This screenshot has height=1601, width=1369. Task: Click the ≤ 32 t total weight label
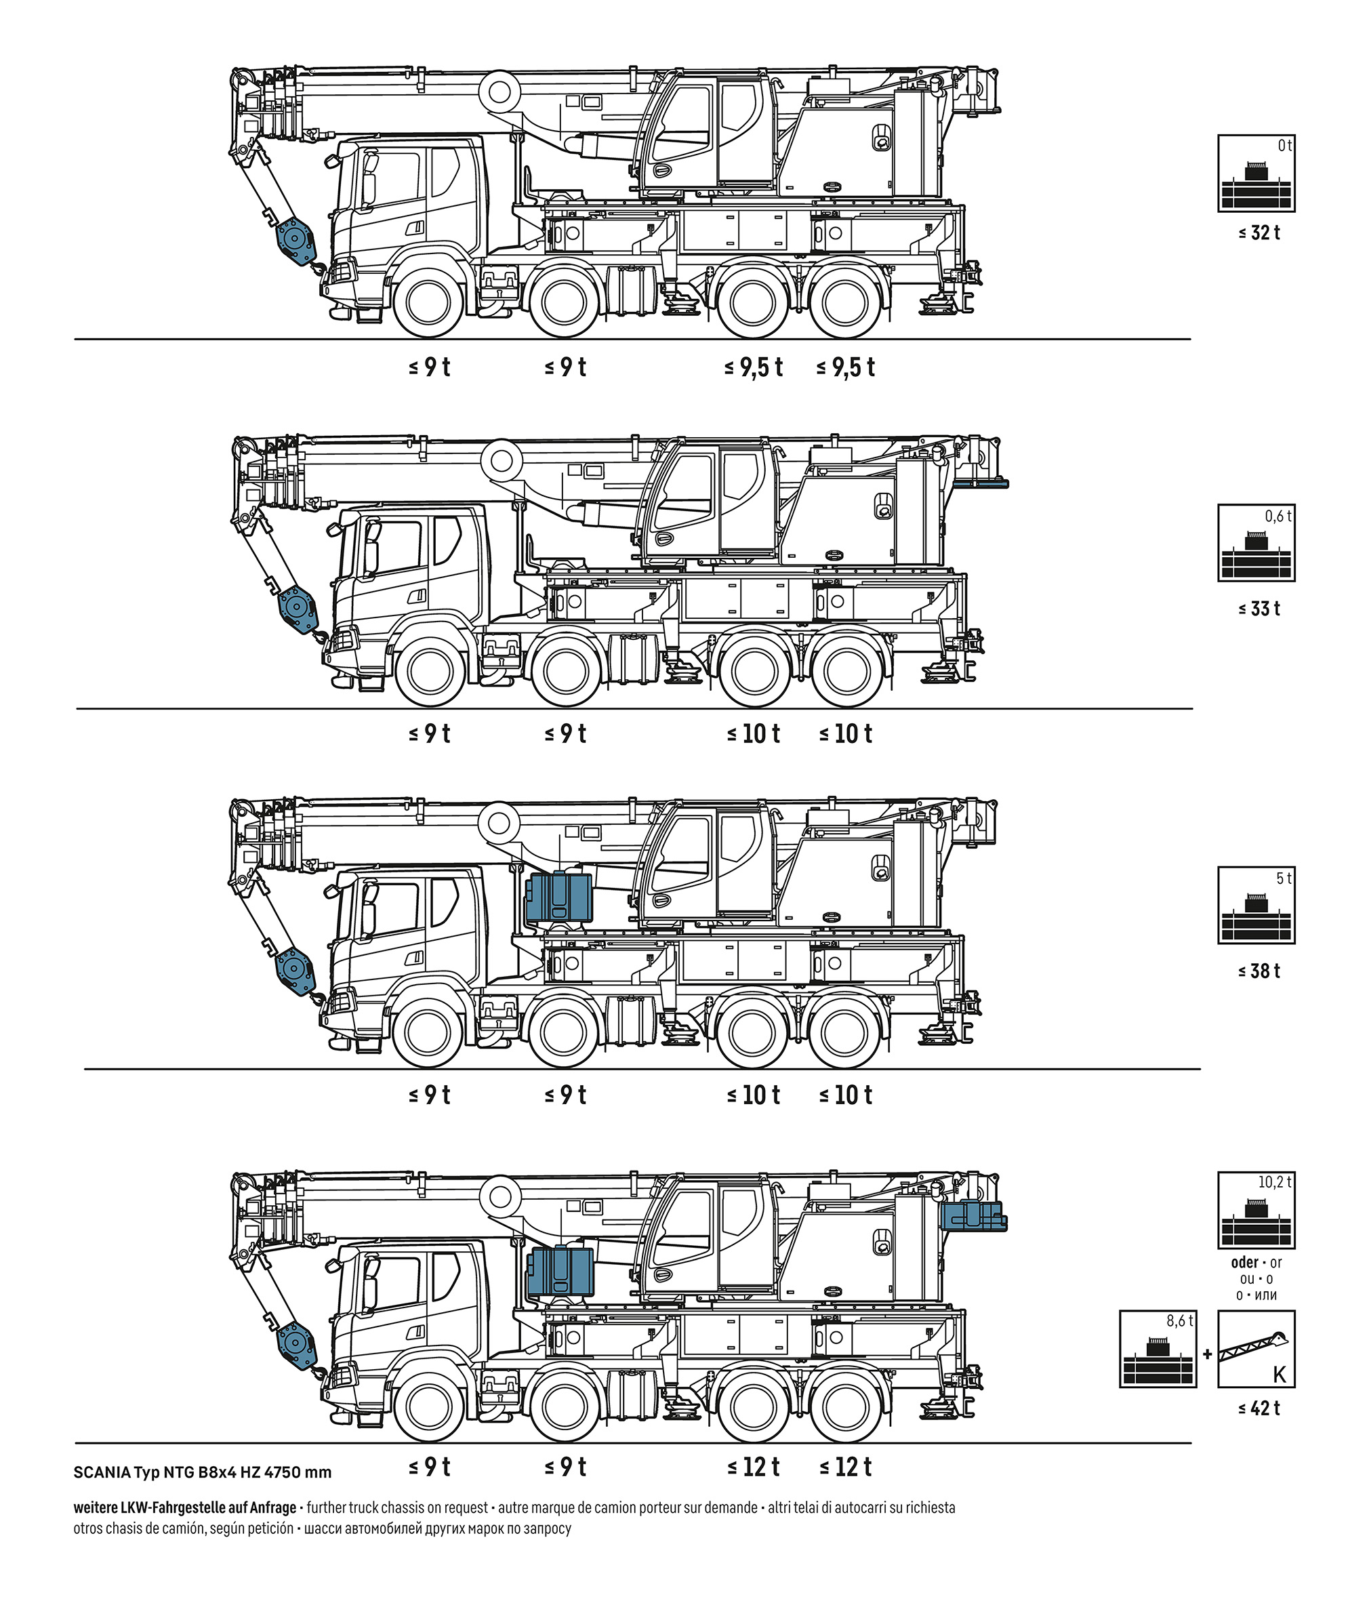click(1259, 232)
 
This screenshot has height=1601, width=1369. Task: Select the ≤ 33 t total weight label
click(1259, 609)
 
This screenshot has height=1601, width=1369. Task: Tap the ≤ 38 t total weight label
click(1259, 971)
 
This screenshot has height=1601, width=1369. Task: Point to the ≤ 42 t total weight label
click(1259, 1408)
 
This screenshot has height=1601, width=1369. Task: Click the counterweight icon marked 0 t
click(1256, 173)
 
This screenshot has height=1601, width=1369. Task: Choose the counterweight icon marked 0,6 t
click(1256, 542)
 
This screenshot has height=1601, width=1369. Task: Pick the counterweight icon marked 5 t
click(1256, 905)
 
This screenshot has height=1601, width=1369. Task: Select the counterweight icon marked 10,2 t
click(1256, 1210)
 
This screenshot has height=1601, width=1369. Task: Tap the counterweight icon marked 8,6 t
click(1158, 1348)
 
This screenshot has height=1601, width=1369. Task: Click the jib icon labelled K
click(1256, 1348)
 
